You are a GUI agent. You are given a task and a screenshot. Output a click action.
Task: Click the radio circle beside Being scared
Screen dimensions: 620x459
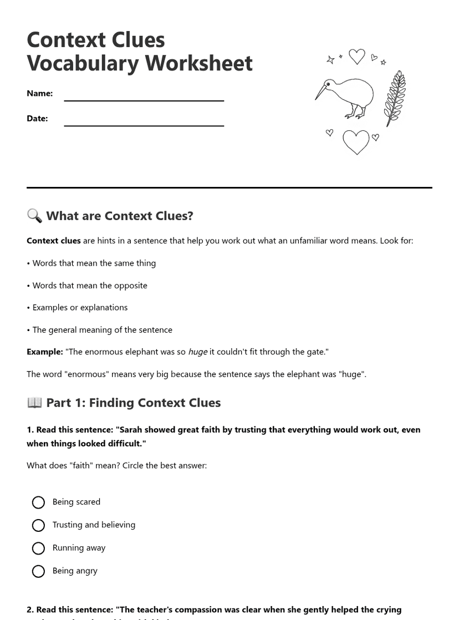coord(38,502)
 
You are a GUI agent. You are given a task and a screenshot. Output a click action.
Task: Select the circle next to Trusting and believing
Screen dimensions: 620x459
coord(38,525)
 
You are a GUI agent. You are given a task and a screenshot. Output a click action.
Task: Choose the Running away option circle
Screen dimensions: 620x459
coord(38,548)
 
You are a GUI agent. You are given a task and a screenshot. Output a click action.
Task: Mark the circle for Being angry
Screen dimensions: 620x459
coord(38,571)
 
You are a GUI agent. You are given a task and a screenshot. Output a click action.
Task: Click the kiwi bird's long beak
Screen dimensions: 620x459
coord(322,91)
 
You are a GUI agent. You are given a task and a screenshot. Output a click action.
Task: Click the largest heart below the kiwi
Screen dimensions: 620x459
coord(356,142)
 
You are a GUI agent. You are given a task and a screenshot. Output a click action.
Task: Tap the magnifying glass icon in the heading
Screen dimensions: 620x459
coord(34,216)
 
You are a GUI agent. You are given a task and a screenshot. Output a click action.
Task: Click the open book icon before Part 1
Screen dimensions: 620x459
coord(34,403)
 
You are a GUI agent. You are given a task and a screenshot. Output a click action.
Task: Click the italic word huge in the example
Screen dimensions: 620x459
coord(197,352)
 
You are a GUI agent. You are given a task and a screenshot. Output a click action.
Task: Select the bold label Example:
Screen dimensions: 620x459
coord(44,352)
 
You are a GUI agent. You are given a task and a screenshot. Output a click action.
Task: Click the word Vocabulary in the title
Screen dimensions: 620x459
coord(83,63)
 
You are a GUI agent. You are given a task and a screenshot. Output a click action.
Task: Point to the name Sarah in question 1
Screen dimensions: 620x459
coord(131,430)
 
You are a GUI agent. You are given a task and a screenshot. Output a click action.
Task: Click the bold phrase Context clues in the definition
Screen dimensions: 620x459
coord(54,241)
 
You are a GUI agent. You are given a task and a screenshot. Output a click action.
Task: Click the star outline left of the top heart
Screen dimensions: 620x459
coord(330,59)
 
